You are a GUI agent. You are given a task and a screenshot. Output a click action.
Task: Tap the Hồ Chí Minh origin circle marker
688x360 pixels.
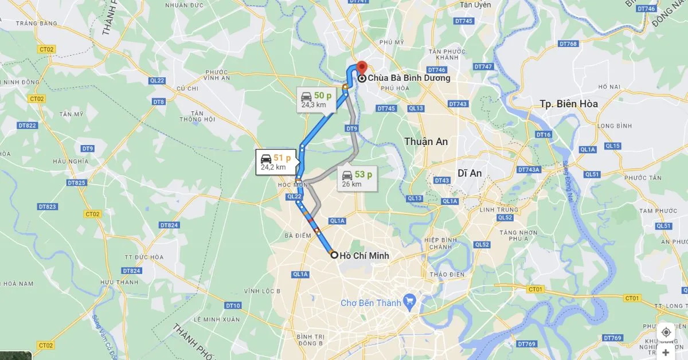tap(334, 255)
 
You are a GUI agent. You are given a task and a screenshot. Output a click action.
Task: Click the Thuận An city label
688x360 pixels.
tap(426, 142)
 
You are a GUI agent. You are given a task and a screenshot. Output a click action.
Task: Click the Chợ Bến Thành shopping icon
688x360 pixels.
tap(409, 299)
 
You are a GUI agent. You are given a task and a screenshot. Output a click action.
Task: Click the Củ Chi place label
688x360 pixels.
tap(187, 88)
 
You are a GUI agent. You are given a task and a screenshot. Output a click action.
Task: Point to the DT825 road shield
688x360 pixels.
tap(76, 183)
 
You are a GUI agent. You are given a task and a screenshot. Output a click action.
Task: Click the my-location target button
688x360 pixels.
tap(666, 332)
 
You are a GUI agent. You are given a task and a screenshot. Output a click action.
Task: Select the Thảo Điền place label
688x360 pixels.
tap(447, 274)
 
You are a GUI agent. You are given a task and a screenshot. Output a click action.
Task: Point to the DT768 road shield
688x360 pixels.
tap(569, 44)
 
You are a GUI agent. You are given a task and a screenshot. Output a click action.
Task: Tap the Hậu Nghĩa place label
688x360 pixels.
tap(68, 162)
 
